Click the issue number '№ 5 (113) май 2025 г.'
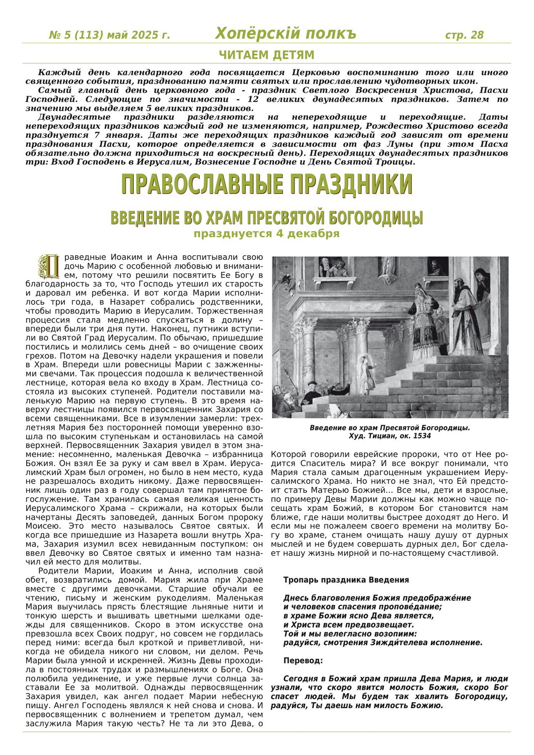point(109,35)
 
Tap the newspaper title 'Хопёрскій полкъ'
point(285,34)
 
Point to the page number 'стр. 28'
point(464,35)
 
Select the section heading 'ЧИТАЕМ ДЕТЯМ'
point(267,55)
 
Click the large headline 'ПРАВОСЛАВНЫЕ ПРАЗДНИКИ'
point(267,184)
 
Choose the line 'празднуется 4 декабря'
point(267,234)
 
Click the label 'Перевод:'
point(303,660)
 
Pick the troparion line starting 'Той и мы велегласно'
point(350,634)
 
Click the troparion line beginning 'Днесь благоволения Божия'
point(377,598)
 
